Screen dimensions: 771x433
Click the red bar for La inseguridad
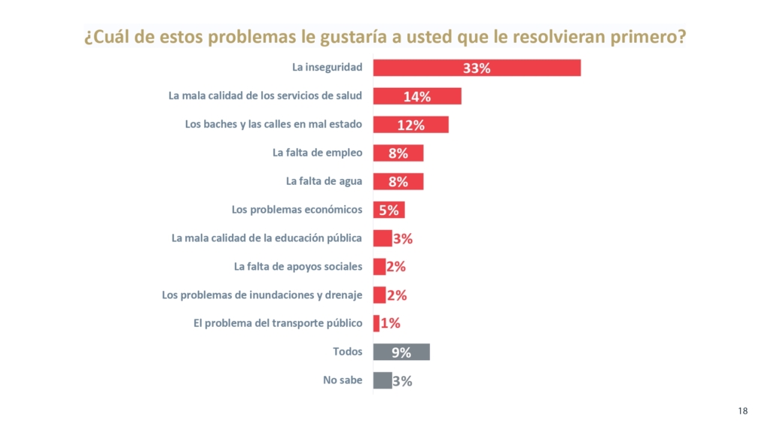(477, 68)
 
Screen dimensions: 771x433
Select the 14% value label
(417, 97)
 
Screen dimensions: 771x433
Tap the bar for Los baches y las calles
(410, 125)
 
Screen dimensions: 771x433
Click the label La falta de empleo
(317, 153)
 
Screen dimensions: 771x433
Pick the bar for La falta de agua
(398, 182)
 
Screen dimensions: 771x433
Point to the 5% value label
(389, 210)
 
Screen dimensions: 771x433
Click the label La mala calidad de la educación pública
(267, 238)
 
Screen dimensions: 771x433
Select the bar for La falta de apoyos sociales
(379, 267)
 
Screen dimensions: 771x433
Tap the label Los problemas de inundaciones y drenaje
(262, 295)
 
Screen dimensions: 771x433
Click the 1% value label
(391, 323)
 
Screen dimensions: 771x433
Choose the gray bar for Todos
(401, 352)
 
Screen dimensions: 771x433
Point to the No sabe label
(343, 380)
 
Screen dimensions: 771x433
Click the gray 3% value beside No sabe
(402, 381)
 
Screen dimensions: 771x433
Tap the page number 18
(742, 411)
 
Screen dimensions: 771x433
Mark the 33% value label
(477, 68)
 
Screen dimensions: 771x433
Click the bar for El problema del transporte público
(376, 323)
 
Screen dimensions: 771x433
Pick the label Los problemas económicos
(297, 210)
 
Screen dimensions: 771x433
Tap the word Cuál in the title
(111, 36)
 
